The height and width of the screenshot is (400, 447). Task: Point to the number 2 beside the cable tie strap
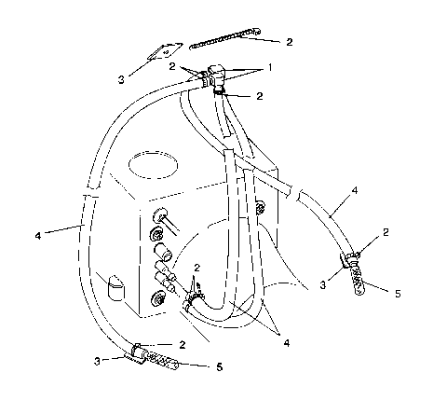[289, 42]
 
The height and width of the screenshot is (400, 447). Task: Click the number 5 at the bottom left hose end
[218, 366]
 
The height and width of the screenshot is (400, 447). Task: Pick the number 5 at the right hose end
[397, 293]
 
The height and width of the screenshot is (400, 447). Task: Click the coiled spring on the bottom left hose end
[166, 361]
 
